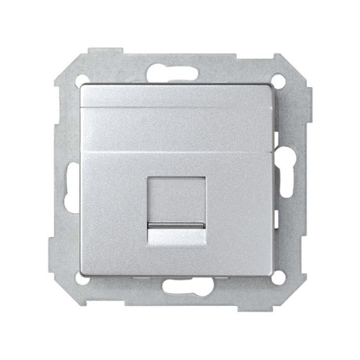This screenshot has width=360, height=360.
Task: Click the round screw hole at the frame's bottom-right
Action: [279, 278]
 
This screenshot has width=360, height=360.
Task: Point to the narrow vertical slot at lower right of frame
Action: [280, 215]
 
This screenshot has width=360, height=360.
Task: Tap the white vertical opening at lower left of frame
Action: [71, 201]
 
